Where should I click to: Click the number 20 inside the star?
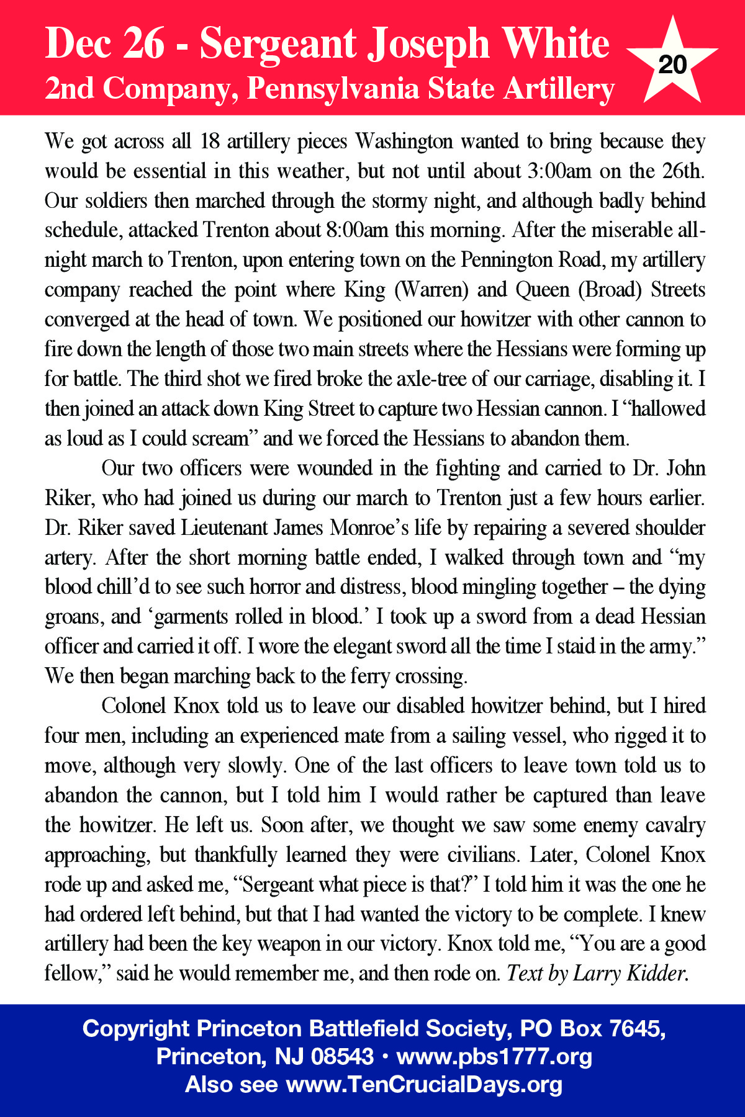(x=672, y=65)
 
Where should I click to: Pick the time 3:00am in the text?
(x=559, y=171)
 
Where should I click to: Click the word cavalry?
(x=675, y=825)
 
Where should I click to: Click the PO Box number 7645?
(x=638, y=1028)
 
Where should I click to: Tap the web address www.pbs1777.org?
(x=494, y=1056)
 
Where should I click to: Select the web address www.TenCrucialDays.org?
(x=424, y=1084)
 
